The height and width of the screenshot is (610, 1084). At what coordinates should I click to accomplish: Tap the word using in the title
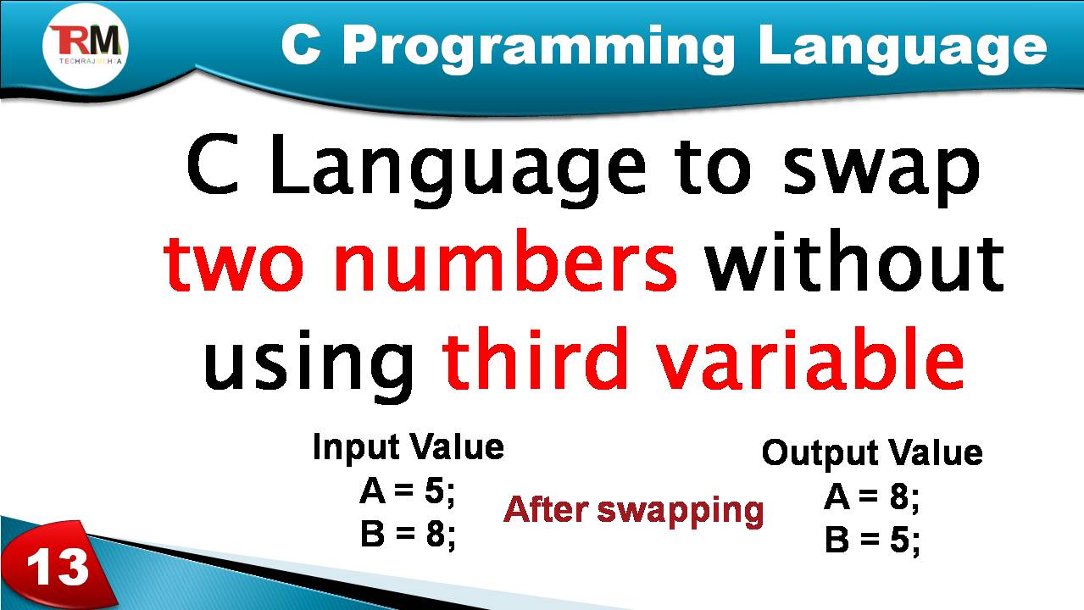[x=310, y=363]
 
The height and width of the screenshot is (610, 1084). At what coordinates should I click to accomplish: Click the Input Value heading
[x=409, y=446]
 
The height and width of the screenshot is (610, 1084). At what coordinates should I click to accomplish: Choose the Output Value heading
[x=872, y=452]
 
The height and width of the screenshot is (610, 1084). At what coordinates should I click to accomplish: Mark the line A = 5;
[x=408, y=491]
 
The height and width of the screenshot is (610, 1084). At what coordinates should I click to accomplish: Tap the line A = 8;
[x=872, y=498]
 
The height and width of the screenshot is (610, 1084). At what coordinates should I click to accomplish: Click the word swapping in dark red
[x=681, y=511]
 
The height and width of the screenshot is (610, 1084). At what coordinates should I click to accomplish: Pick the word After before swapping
[x=548, y=510]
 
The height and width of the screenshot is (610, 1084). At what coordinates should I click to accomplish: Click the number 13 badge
[x=58, y=566]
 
